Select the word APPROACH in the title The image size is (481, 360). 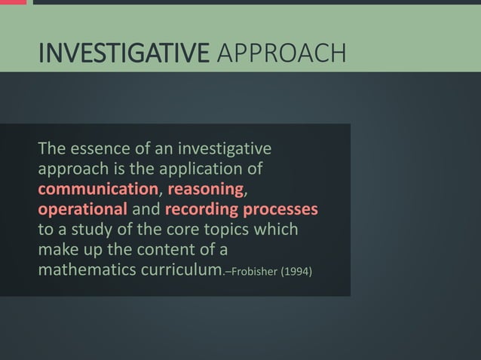280,53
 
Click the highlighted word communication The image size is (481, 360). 98,188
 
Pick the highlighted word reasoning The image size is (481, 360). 206,188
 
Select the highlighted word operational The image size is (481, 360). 83,208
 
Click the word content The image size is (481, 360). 176,249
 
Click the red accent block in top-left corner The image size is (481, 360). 13,2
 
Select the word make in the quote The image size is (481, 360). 57,249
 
